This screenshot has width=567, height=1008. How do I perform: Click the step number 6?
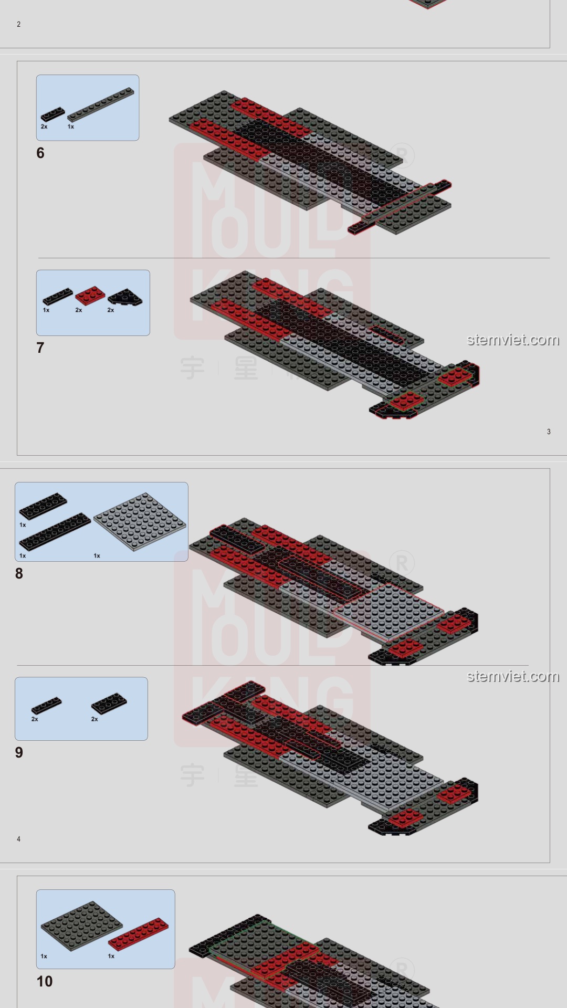click(x=40, y=153)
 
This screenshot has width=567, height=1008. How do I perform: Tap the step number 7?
click(x=40, y=348)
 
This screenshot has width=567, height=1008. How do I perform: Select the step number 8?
click(x=19, y=574)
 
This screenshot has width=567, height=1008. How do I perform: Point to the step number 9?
click(x=19, y=753)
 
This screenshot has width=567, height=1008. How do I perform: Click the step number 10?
click(x=45, y=982)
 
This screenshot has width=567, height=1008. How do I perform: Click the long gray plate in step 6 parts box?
click(x=101, y=104)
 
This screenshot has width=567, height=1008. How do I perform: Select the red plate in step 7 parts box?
click(x=90, y=296)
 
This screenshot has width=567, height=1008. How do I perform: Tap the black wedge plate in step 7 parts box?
click(x=125, y=297)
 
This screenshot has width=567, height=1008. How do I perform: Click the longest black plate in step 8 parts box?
click(x=55, y=531)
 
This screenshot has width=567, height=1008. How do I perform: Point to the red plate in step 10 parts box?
click(x=139, y=934)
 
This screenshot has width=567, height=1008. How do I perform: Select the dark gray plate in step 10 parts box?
click(x=81, y=926)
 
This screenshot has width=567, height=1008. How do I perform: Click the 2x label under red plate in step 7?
click(x=79, y=310)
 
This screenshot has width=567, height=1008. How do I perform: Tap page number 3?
click(x=549, y=432)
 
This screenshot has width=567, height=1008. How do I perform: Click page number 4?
click(x=18, y=839)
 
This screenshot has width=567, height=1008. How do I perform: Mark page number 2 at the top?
click(x=18, y=24)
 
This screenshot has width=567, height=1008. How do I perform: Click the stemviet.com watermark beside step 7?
click(x=513, y=340)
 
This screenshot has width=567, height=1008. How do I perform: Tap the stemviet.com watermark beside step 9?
click(x=513, y=676)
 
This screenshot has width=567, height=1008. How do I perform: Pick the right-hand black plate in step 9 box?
click(x=109, y=703)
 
